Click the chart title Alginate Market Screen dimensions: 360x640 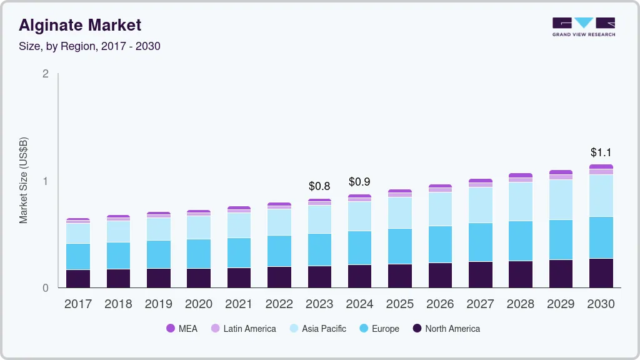click(x=80, y=25)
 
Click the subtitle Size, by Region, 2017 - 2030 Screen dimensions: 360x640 click(x=89, y=46)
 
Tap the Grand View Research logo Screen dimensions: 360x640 click(x=583, y=26)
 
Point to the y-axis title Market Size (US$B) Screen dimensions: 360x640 click(x=23, y=180)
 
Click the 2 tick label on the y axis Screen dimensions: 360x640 click(x=45, y=74)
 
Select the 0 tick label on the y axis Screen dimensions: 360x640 click(x=45, y=288)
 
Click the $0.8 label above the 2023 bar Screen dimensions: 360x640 click(x=320, y=186)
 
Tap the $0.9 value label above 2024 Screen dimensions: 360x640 click(x=360, y=182)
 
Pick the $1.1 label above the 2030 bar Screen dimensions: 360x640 click(x=601, y=152)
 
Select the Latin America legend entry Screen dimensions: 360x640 click(x=243, y=328)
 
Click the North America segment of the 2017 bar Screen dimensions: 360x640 click(x=78, y=279)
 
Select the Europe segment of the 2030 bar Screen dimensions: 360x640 click(x=601, y=237)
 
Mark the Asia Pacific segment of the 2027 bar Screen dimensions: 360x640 click(x=481, y=205)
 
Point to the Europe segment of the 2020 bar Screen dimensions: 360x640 click(x=199, y=254)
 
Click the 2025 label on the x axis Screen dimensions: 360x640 click(x=400, y=304)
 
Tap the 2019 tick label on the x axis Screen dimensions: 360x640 click(x=159, y=304)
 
